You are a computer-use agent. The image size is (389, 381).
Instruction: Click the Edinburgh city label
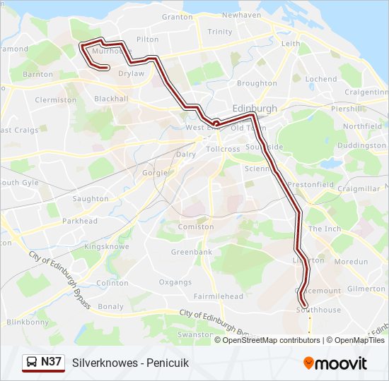pyautogui.click(x=255, y=108)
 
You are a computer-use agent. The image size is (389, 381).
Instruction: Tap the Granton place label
pyautogui.click(x=177, y=17)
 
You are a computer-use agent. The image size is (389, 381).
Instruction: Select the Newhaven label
pyautogui.click(x=241, y=15)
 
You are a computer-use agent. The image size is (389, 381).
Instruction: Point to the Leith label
pyautogui.click(x=291, y=43)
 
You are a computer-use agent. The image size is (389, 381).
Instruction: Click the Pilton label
pyautogui.click(x=148, y=40)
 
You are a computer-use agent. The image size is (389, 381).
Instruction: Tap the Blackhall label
pyautogui.click(x=111, y=99)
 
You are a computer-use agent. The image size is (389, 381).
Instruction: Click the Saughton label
pyautogui.click(x=91, y=199)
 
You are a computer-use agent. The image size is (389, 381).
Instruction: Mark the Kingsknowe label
pyautogui.click(x=105, y=248)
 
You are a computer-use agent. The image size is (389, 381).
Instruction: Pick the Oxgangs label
pyautogui.click(x=175, y=282)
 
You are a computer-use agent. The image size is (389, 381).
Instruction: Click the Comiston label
pyautogui.click(x=195, y=226)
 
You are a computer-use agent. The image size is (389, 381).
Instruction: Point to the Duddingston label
pyautogui.click(x=362, y=145)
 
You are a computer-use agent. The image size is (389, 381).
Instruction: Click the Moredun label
pyautogui.click(x=352, y=262)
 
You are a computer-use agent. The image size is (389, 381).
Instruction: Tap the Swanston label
pyautogui.click(x=195, y=334)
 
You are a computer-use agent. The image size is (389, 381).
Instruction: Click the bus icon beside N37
pyautogui.click(x=31, y=362)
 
